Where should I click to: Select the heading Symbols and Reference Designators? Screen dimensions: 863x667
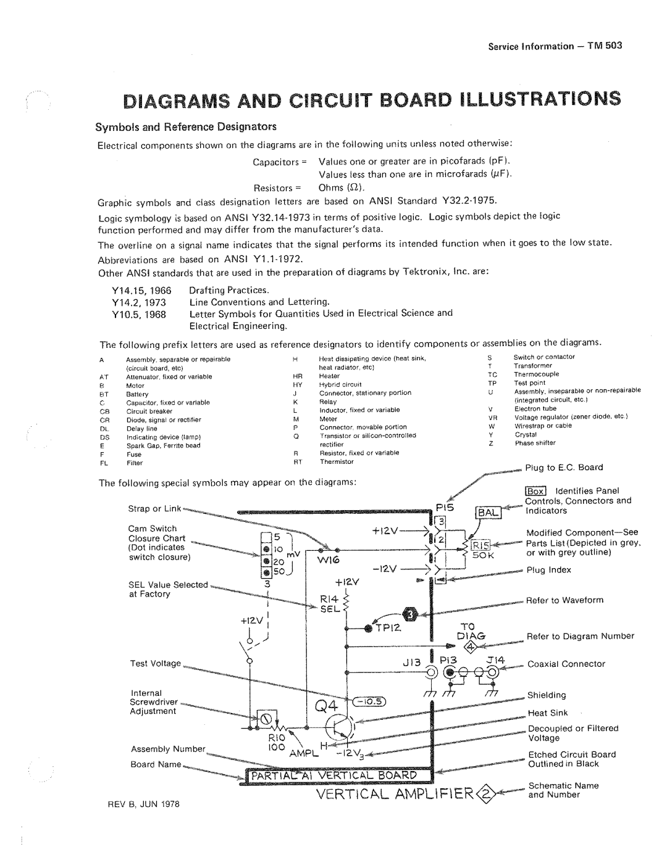tap(186, 127)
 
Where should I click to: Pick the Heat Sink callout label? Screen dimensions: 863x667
tap(547, 713)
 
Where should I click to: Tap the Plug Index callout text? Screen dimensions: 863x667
tap(548, 570)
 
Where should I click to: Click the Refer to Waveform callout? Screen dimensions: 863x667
tap(564, 600)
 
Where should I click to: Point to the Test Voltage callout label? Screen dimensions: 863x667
tap(154, 664)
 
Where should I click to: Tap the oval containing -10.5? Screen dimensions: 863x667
tap(369, 700)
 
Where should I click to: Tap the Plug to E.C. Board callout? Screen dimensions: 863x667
tap(564, 468)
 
